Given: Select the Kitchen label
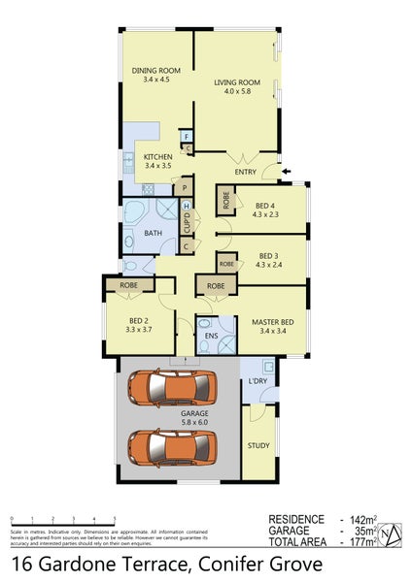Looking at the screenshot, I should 157,157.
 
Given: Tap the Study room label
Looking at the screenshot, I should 257,446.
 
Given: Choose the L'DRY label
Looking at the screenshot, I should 257,380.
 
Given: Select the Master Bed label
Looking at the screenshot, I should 272,322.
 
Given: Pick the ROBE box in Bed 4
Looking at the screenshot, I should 225,202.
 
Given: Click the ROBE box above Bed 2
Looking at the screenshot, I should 128,286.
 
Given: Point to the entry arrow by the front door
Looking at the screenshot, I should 284,174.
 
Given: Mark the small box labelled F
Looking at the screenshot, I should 185,137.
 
